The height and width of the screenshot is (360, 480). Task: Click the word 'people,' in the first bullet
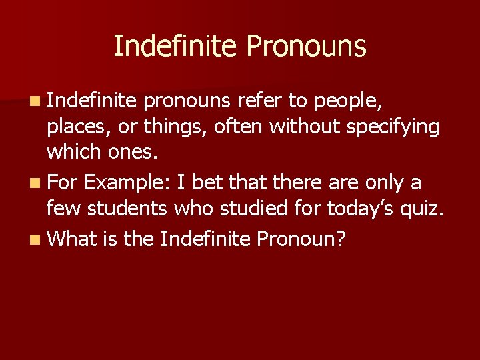352,101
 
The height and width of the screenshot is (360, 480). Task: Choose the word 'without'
306,127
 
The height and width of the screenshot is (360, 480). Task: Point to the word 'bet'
206,183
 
